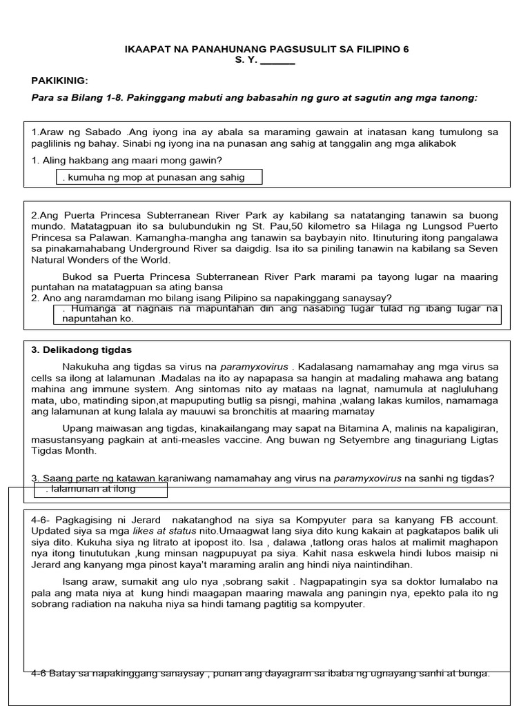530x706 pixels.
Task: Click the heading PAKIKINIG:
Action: click(x=60, y=81)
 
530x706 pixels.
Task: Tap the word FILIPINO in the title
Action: click(x=378, y=50)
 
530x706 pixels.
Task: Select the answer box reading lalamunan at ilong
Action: click(x=101, y=490)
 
